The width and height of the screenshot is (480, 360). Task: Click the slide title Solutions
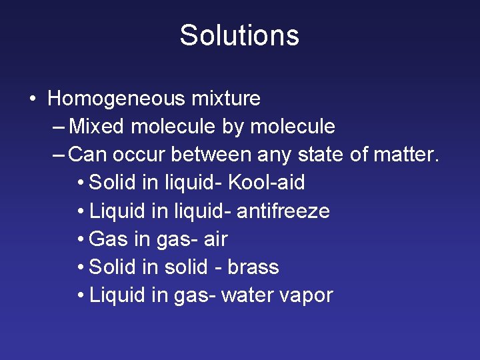pos(239,35)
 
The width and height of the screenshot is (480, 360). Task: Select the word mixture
pos(226,99)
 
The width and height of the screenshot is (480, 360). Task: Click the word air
pos(215,239)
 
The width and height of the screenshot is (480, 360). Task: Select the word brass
pos(253,267)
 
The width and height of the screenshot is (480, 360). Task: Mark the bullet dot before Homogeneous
pos(33,99)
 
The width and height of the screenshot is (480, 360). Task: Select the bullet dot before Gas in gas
pos(80,239)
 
